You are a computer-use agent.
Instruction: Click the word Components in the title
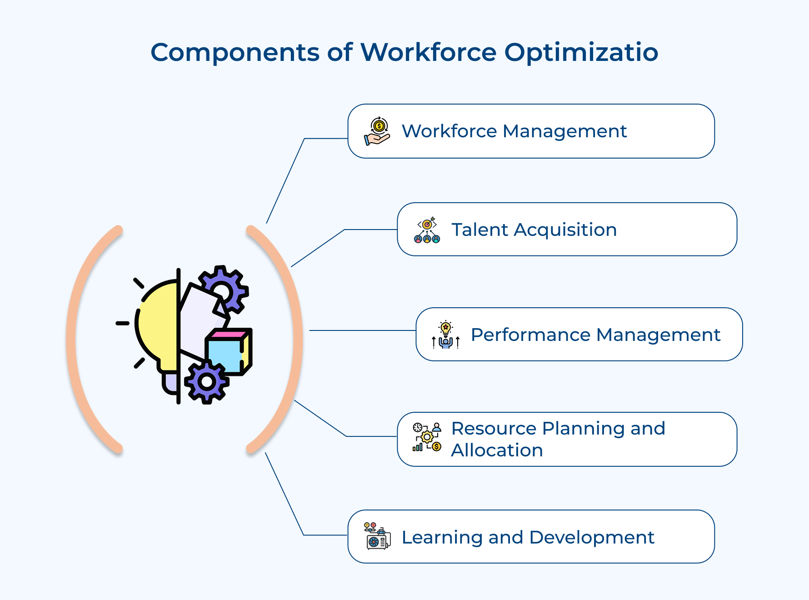[x=235, y=52]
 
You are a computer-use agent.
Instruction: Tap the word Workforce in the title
[x=428, y=52]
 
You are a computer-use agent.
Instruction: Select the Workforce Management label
[x=514, y=131]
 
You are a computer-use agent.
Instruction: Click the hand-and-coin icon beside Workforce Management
[x=377, y=131]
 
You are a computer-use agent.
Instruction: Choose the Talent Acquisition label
[x=534, y=230]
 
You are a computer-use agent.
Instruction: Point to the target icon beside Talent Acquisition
[x=427, y=230]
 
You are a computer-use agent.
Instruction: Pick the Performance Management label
[x=595, y=335]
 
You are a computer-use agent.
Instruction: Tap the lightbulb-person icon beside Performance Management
[x=445, y=335]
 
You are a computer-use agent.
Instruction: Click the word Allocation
[x=497, y=450]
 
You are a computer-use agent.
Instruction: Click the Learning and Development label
[x=528, y=538]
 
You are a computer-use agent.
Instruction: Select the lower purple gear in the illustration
[x=207, y=382]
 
